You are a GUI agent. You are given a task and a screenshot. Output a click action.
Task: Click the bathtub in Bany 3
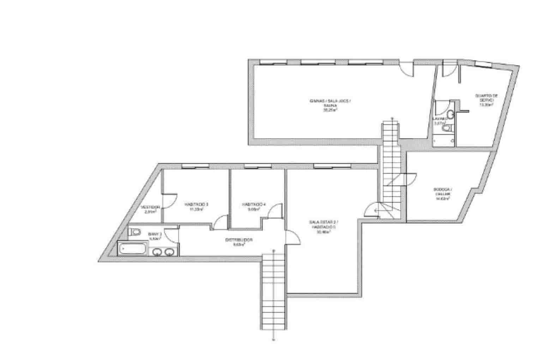(132, 249)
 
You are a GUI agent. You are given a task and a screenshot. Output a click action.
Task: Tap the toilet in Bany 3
(134, 232)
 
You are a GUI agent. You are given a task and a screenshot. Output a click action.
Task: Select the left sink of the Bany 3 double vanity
(158, 251)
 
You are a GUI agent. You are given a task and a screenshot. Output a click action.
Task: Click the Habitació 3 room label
(197, 204)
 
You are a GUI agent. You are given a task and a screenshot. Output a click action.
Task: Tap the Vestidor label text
(150, 207)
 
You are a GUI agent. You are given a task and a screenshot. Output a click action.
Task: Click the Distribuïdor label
(239, 240)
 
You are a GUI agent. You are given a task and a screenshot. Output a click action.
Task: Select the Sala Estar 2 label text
(323, 222)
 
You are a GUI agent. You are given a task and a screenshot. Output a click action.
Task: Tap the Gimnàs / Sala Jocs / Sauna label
(330, 101)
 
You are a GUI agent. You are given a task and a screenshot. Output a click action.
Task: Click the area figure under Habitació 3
(197, 209)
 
